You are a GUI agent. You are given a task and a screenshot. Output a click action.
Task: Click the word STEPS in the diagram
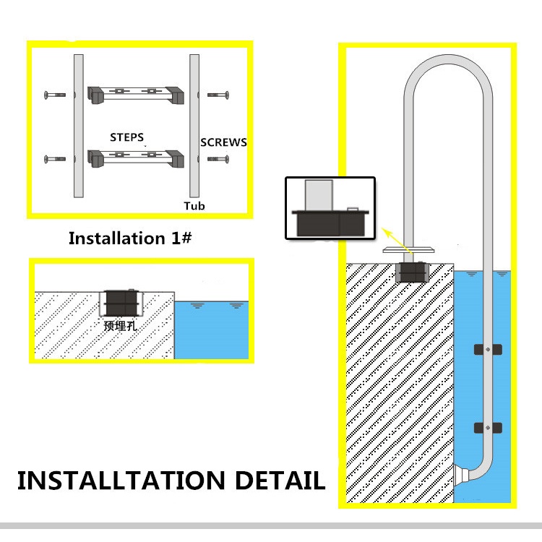(126, 137)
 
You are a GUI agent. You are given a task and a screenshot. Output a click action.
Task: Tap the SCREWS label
(223, 142)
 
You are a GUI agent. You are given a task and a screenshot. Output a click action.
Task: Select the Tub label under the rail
(194, 206)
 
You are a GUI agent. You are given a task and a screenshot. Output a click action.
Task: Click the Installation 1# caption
(130, 238)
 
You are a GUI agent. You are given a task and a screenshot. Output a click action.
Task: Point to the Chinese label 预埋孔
(120, 325)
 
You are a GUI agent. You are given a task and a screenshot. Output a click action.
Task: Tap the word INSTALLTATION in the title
(120, 480)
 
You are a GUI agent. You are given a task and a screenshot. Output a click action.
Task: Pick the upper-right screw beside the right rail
(218, 95)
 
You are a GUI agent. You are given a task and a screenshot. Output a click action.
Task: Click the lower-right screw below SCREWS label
(218, 158)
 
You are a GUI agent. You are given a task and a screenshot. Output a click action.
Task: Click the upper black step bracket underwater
(488, 350)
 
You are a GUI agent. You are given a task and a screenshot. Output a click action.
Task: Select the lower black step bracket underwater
(488, 427)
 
